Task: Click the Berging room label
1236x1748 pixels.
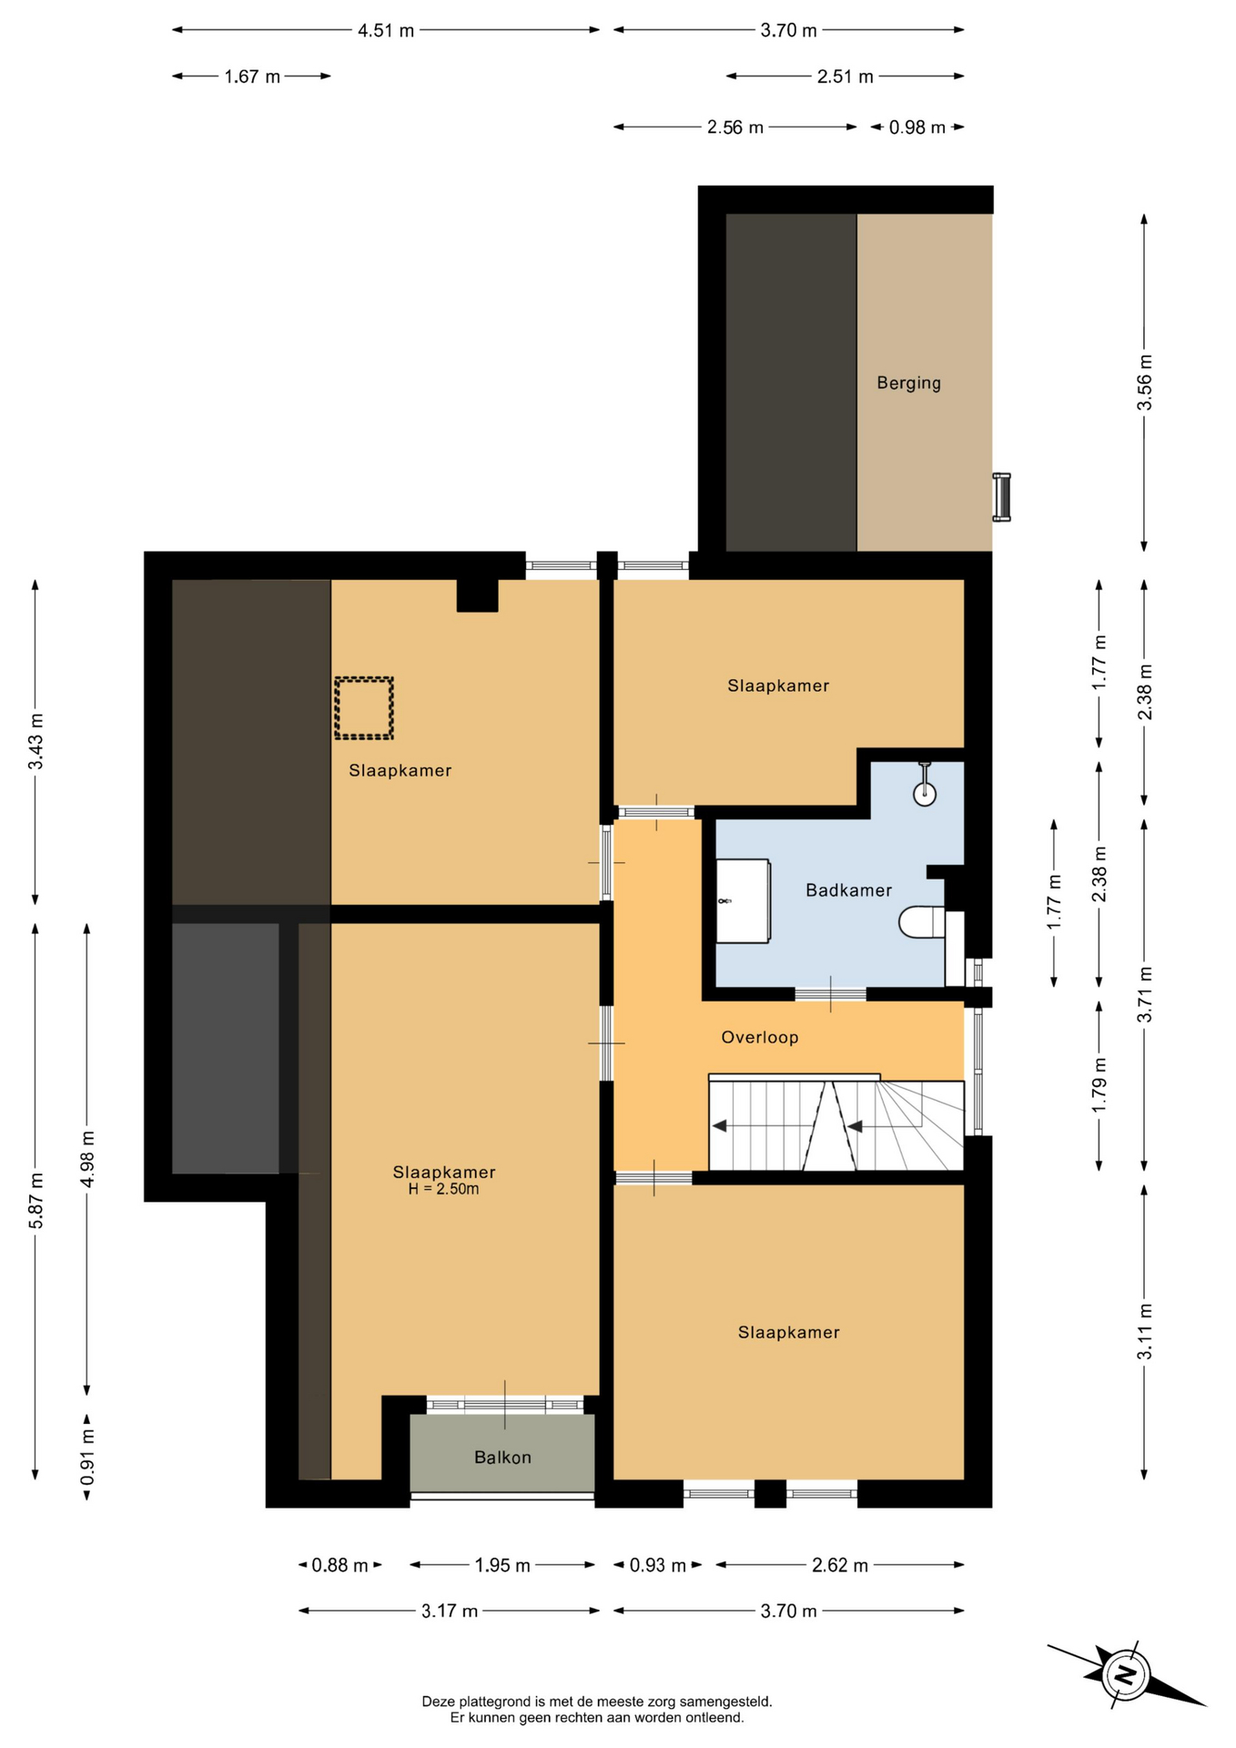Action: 908,383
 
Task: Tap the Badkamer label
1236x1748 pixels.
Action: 848,890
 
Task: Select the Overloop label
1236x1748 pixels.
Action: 760,1038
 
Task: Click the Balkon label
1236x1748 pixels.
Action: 502,1458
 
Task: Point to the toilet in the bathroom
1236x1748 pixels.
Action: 923,922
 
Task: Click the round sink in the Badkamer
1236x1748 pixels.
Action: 925,794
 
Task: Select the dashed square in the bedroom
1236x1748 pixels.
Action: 364,707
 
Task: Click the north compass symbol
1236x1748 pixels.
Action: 1126,1674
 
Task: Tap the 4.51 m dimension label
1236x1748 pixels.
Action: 386,30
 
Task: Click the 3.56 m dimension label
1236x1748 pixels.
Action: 1145,382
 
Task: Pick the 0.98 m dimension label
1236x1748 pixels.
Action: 917,127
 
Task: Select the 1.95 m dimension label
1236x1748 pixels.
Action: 502,1565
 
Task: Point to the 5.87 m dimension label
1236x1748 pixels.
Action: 36,1201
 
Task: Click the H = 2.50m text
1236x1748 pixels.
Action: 444,1189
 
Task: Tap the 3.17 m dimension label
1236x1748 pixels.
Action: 450,1611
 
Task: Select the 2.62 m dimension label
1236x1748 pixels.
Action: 840,1565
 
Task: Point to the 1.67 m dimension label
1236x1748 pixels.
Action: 252,76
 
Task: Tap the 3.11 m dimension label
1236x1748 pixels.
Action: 1145,1332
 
